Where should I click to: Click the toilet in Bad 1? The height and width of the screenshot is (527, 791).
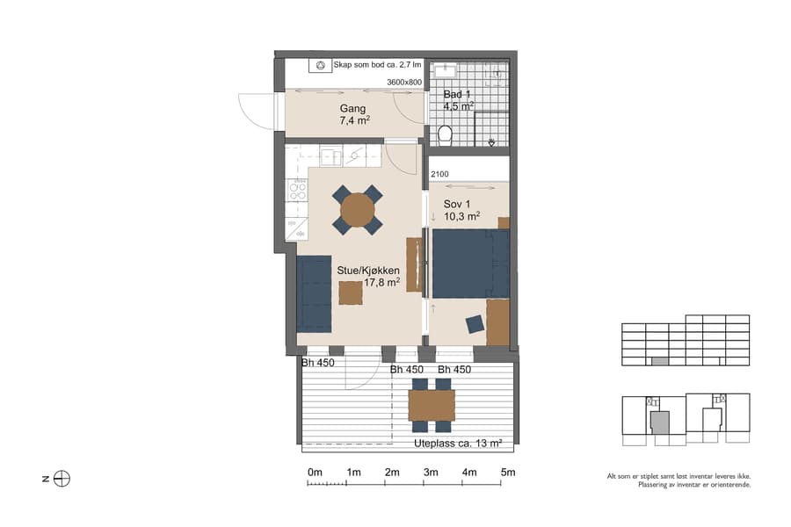444,134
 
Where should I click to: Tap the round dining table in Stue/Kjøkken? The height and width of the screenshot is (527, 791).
358,210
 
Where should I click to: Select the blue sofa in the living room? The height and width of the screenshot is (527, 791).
314,292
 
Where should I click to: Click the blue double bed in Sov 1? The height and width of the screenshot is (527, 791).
470,264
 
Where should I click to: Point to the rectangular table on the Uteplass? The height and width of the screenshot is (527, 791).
432,406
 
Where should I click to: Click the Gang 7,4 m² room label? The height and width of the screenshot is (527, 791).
353,115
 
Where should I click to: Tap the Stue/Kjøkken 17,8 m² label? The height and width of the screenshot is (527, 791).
368,277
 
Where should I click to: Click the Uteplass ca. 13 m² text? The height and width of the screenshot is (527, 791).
457,444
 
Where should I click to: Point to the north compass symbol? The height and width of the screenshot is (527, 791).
62,479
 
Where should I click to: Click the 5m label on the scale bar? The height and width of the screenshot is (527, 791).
507,473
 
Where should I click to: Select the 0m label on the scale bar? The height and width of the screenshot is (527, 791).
315,473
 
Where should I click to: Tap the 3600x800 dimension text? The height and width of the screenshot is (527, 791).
404,83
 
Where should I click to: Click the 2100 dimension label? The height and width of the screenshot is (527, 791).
439,175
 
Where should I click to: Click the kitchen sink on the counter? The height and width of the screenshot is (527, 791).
330,157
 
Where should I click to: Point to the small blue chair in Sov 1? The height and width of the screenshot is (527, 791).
475,324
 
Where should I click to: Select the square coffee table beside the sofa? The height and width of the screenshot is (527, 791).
351,292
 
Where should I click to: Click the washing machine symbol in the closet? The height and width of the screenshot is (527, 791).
321,65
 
